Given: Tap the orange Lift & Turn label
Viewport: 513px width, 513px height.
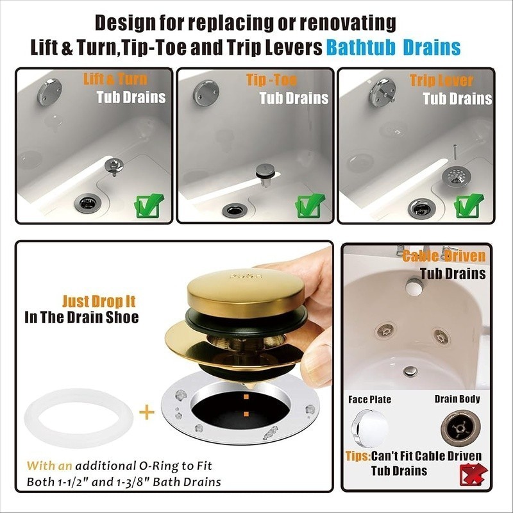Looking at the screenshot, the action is (x=115, y=79).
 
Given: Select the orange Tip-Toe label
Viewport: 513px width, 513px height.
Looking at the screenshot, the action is (x=271, y=80).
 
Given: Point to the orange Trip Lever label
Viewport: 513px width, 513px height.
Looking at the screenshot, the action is (x=441, y=81).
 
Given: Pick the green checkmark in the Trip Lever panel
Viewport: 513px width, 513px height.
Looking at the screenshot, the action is (x=469, y=206).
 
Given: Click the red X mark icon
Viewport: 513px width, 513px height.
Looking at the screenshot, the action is (x=473, y=475).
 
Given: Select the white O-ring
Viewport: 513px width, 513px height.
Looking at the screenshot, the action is (x=78, y=418).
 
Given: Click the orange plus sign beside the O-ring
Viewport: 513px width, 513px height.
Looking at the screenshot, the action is (x=147, y=412).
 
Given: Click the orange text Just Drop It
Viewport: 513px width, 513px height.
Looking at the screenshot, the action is (x=99, y=301).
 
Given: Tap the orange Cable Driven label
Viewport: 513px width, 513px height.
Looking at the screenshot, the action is (x=444, y=256).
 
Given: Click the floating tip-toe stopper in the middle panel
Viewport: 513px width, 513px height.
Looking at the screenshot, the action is (x=265, y=174).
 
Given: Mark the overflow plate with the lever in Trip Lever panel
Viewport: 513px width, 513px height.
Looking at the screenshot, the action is (x=382, y=92).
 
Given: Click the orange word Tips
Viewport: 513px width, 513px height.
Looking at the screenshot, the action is (x=358, y=456).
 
